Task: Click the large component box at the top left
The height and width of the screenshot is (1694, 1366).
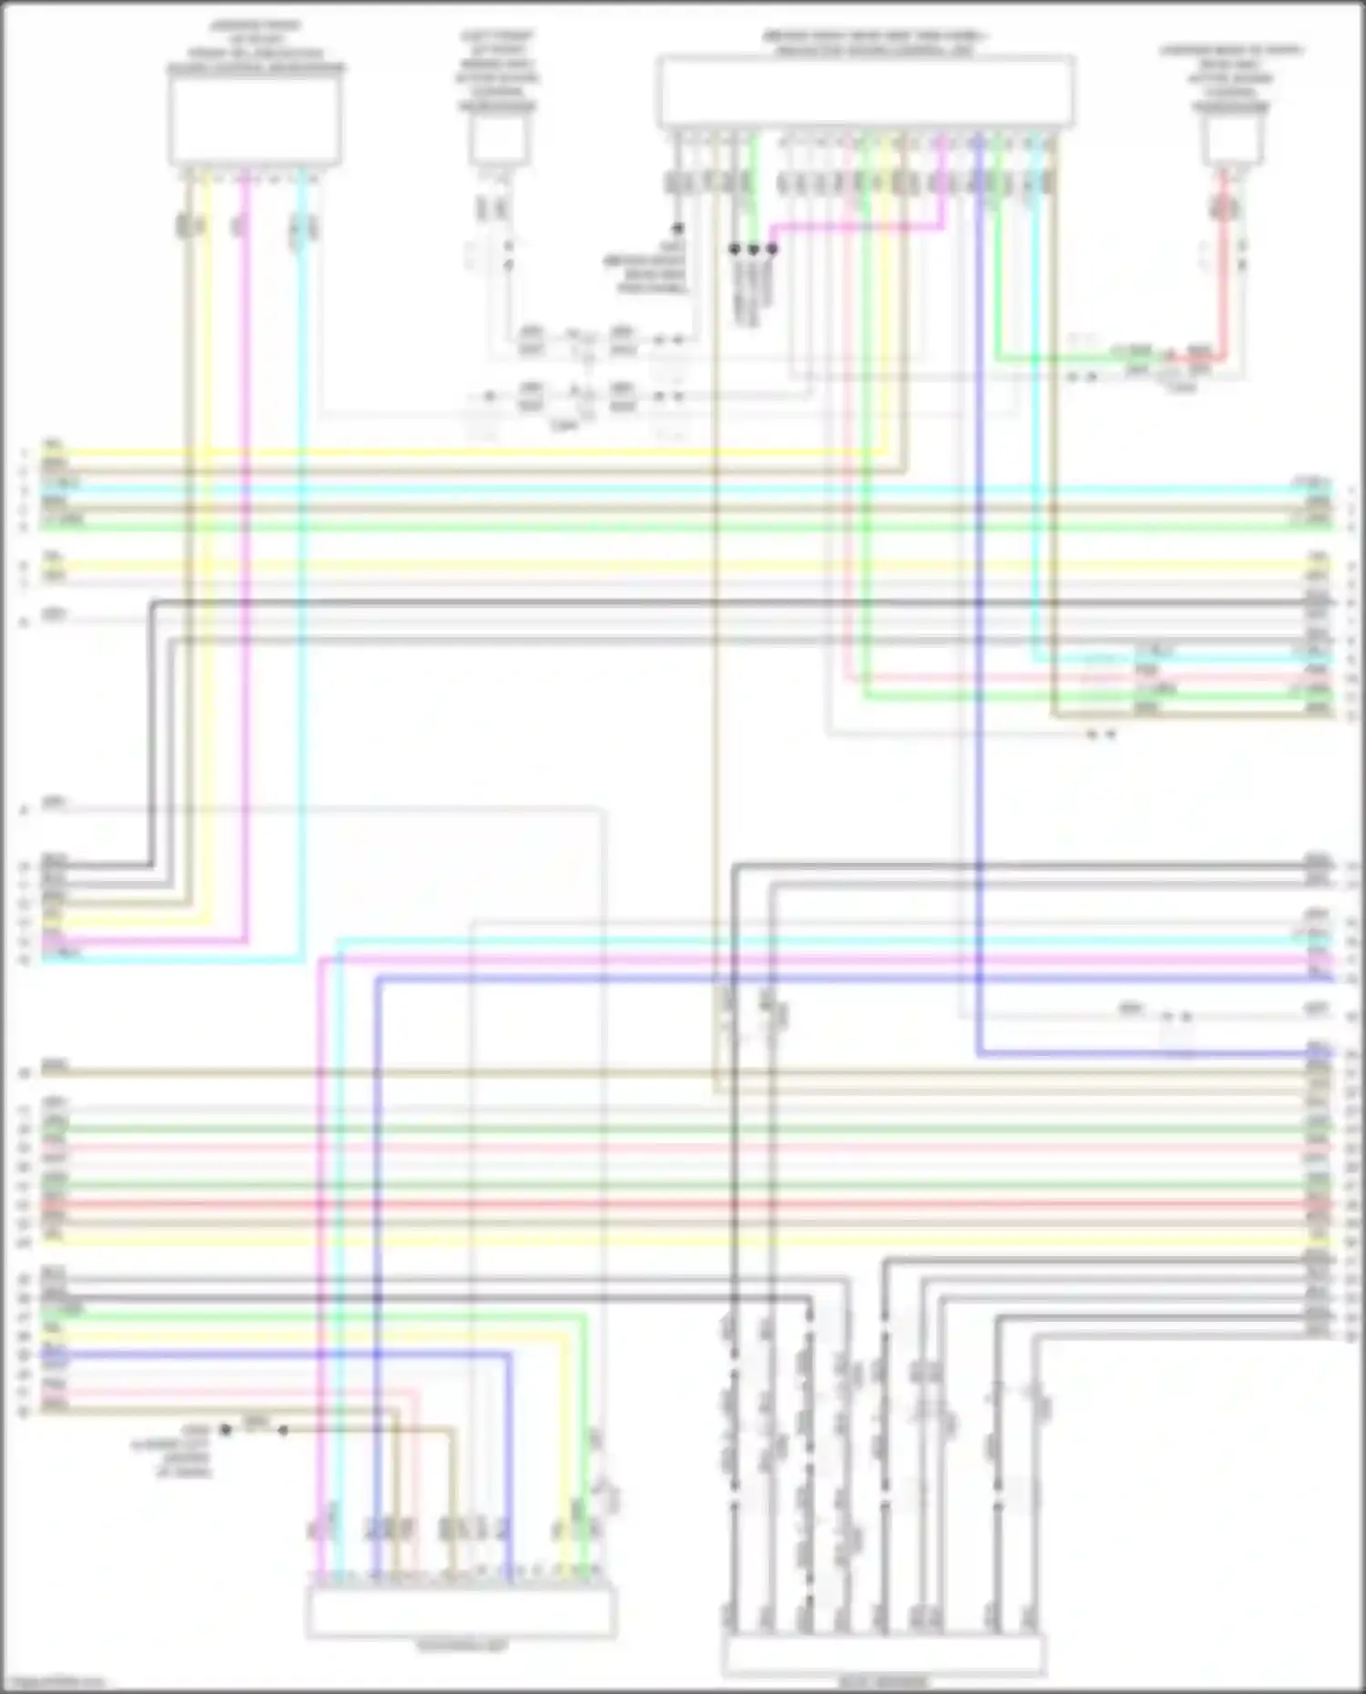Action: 255,118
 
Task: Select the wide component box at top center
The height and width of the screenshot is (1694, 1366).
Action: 864,91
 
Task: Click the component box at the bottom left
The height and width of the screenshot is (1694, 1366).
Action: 461,1612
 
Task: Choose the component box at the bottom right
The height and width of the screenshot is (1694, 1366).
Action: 883,1656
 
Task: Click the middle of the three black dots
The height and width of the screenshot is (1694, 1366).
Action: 753,249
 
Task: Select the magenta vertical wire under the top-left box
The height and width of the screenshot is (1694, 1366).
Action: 246,546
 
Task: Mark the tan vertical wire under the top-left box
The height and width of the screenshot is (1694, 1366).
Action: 189,546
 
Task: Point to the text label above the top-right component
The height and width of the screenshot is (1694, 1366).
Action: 1231,78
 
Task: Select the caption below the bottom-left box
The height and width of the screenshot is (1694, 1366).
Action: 461,1647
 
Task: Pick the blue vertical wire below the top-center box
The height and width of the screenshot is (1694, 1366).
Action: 978,637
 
